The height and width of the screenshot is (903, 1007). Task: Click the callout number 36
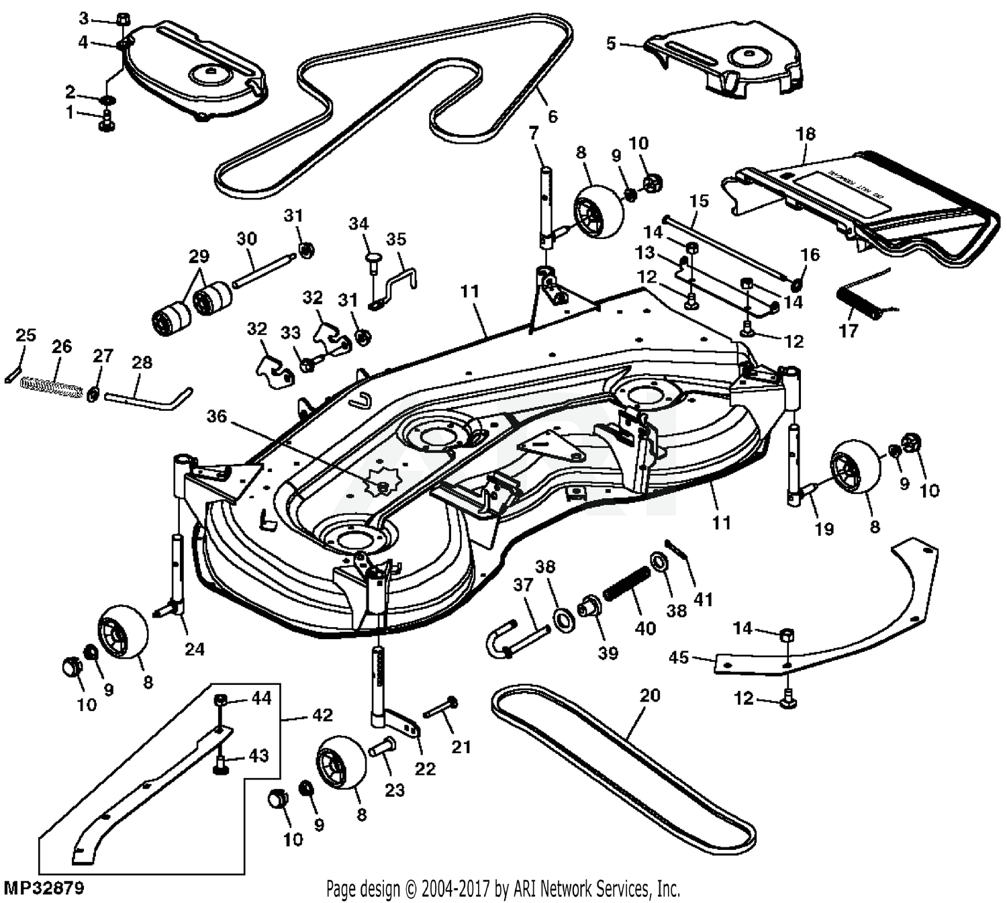pos(216,417)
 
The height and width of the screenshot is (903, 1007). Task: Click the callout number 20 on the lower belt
pos(649,696)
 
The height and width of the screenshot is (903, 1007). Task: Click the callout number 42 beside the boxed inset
pos(322,715)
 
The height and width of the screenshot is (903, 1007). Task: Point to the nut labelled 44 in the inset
pos(220,700)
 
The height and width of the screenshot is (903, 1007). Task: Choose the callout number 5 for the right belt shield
pos(610,44)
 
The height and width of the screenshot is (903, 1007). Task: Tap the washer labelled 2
pos(106,101)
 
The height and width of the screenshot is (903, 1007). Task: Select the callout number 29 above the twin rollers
pos(198,256)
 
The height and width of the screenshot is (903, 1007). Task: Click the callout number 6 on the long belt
pos(552,116)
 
